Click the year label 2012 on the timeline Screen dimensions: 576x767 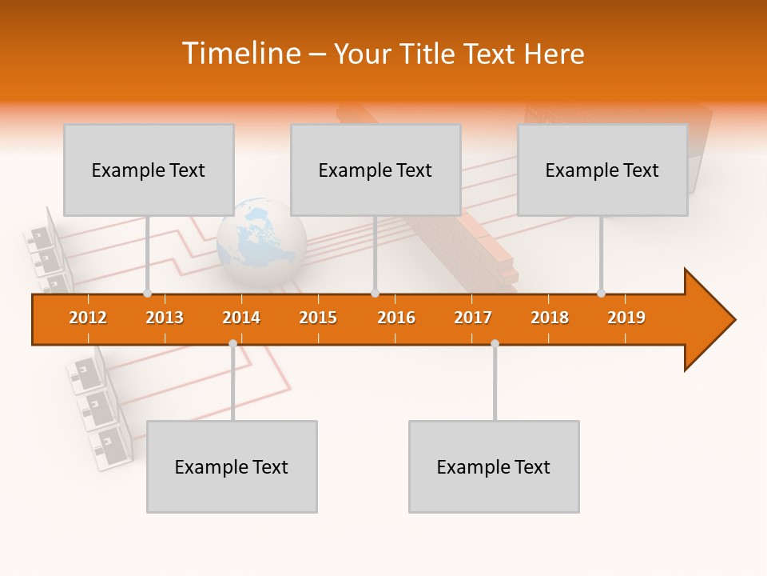coord(88,318)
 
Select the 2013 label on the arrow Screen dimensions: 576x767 coord(165,318)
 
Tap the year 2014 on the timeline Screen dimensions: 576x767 coord(241,318)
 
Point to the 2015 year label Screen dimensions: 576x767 coord(318,318)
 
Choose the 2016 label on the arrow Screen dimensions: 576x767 coord(396,318)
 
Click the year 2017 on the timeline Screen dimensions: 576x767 coord(473,318)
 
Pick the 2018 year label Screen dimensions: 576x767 coord(550,318)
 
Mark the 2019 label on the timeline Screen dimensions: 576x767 coord(626,318)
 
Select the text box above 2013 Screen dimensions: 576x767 coord(149,170)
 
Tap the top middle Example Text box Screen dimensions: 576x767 coord(376,170)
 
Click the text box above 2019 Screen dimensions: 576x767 coord(602,170)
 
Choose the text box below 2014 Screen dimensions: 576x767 coord(232,466)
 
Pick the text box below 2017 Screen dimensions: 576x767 coord(494,466)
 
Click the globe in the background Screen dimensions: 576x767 coord(261,240)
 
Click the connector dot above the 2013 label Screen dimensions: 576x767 coord(147,293)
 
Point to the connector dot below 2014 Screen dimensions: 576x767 coord(232,343)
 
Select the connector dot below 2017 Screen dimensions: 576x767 coord(495,343)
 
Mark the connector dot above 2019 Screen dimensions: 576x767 coord(601,293)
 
